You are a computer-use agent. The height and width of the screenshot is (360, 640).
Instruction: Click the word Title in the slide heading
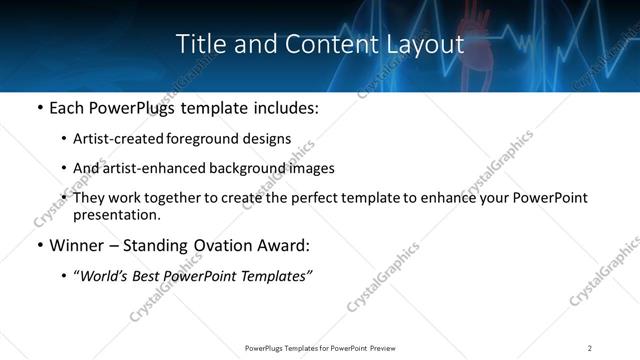point(200,45)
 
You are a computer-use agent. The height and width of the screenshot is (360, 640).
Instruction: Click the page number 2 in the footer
point(590,348)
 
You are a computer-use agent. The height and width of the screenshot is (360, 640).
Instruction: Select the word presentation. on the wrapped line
point(116,215)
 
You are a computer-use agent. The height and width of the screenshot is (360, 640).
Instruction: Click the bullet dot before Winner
point(38,245)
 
